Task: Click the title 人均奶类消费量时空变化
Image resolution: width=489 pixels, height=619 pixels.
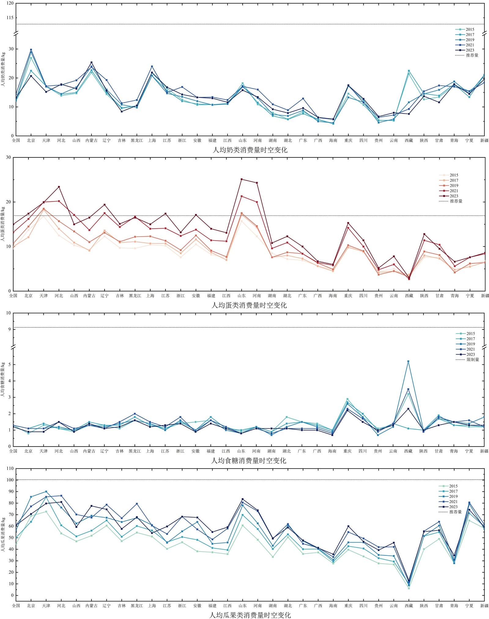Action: (x=250, y=150)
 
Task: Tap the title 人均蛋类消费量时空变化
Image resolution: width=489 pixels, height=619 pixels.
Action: (x=249, y=305)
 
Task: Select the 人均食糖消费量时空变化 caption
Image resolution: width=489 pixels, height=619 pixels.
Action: (x=248, y=460)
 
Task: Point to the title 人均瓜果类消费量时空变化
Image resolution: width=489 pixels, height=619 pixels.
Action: (x=250, y=615)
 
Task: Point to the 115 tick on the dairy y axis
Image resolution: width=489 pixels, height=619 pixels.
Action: (x=10, y=18)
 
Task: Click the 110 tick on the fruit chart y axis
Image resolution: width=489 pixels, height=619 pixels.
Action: (x=10, y=469)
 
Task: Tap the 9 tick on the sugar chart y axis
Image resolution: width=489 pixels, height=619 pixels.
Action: (x=9, y=329)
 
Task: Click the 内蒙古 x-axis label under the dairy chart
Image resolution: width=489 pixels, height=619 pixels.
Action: (x=91, y=141)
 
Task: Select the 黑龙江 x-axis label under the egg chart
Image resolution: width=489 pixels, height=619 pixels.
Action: (x=135, y=296)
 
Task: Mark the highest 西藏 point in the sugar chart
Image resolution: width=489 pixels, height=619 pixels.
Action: (x=408, y=361)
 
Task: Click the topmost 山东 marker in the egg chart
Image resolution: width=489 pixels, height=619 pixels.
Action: (x=242, y=179)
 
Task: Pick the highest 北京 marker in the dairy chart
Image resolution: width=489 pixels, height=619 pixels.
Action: (x=31, y=50)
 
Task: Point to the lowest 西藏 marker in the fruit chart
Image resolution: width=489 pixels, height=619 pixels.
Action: (x=409, y=588)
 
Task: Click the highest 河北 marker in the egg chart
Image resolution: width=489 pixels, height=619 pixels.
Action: (x=59, y=187)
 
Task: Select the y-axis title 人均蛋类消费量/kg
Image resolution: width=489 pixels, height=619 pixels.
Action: (x=3, y=224)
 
